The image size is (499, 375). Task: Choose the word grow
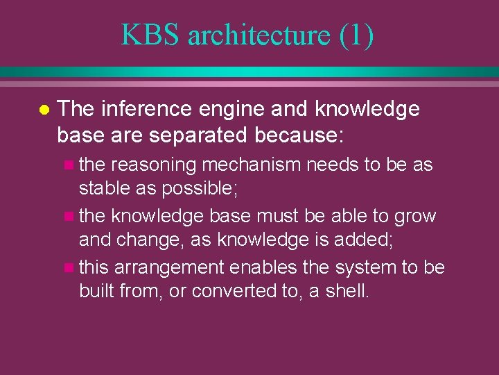414,217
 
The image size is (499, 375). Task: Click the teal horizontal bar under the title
249,72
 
